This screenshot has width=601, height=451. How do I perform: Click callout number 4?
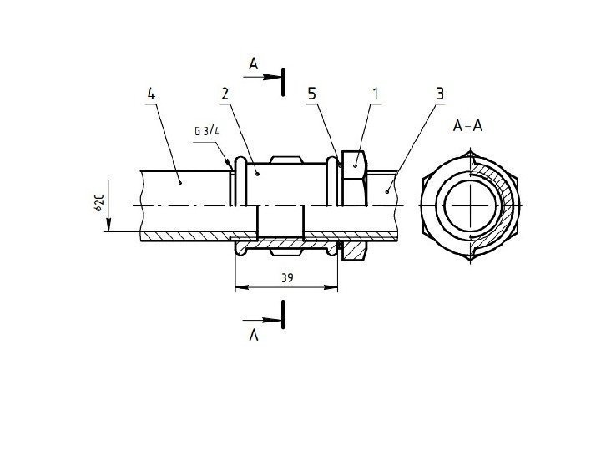(x=151, y=94)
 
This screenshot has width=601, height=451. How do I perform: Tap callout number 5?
(x=312, y=94)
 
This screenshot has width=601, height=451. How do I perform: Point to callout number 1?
(x=376, y=94)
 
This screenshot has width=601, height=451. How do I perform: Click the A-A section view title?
(x=466, y=127)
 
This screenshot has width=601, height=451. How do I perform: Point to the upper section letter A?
(x=255, y=63)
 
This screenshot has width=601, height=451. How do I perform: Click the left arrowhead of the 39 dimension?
(x=238, y=287)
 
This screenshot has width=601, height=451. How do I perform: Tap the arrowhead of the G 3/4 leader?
(x=230, y=166)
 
